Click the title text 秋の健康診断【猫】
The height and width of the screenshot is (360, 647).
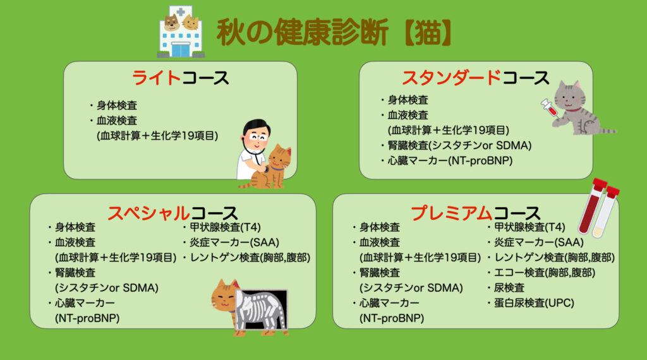pos(335,33)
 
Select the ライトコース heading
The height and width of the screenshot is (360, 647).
pos(180,78)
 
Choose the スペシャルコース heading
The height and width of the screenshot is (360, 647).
pos(172,213)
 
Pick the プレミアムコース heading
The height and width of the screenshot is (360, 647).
pos(476,213)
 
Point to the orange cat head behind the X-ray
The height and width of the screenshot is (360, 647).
pos(224,296)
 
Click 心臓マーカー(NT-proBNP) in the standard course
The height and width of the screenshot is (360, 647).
pos(450,160)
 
